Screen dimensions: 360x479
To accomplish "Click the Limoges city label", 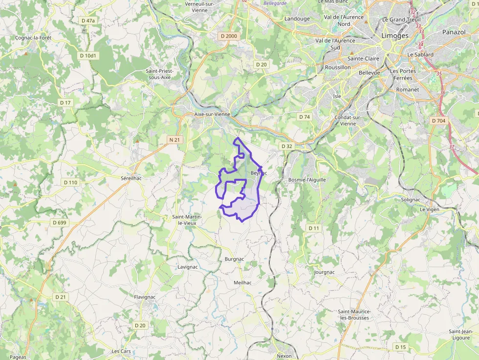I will [x=394, y=36].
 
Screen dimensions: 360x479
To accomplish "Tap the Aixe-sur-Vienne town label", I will [x=212, y=114].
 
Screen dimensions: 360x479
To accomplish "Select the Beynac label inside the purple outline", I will [x=259, y=173].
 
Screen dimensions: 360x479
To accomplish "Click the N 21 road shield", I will [x=174, y=140].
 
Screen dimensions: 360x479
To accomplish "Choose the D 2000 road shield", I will [x=229, y=36].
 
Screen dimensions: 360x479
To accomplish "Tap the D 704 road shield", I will [x=439, y=120].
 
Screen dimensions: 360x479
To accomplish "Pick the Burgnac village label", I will [x=234, y=259].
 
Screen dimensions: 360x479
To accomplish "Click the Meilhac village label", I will [x=242, y=282].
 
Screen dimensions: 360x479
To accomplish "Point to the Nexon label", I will [x=284, y=356].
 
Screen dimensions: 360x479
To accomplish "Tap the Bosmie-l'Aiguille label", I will [x=307, y=180].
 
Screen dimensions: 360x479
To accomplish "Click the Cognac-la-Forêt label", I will [x=33, y=38].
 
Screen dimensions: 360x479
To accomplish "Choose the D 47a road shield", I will [x=88, y=21].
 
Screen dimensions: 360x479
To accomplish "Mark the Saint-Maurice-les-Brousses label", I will [x=354, y=315].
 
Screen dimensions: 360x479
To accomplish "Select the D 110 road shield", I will [x=70, y=182].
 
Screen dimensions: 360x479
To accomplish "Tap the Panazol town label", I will [x=454, y=32].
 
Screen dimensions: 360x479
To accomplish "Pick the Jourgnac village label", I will [x=325, y=272].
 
